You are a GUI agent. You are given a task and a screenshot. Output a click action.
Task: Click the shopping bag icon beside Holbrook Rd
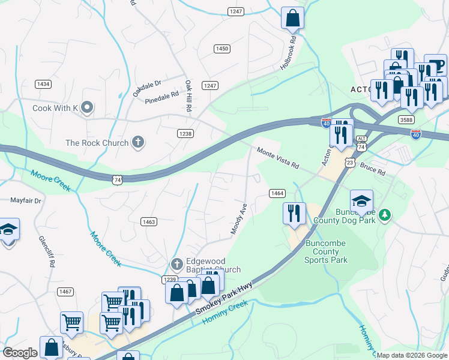tap(292, 17)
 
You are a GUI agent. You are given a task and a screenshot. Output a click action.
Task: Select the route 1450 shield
tap(222, 49)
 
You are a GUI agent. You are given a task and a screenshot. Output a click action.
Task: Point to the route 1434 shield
tap(43, 84)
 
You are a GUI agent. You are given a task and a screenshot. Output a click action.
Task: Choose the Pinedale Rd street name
tap(162, 95)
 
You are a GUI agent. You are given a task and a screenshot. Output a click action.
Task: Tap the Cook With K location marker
tap(88, 108)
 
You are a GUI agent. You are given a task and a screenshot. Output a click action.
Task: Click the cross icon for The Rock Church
tap(138, 143)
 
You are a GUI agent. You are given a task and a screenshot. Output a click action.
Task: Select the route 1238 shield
tap(185, 134)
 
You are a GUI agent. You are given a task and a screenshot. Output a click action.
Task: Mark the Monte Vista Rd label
tap(277, 159)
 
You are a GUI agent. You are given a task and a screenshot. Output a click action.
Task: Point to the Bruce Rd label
tap(373, 170)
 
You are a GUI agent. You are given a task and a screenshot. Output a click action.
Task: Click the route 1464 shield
tap(277, 193)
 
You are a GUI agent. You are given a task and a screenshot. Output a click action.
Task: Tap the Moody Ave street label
tap(239, 218)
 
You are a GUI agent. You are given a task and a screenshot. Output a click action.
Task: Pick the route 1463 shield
tap(149, 222)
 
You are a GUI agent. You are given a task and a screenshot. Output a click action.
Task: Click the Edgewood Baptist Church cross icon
tap(176, 264)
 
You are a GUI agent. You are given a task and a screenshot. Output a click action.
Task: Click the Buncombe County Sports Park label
tap(326, 251)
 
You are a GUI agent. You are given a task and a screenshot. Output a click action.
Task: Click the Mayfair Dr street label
tap(26, 200)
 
